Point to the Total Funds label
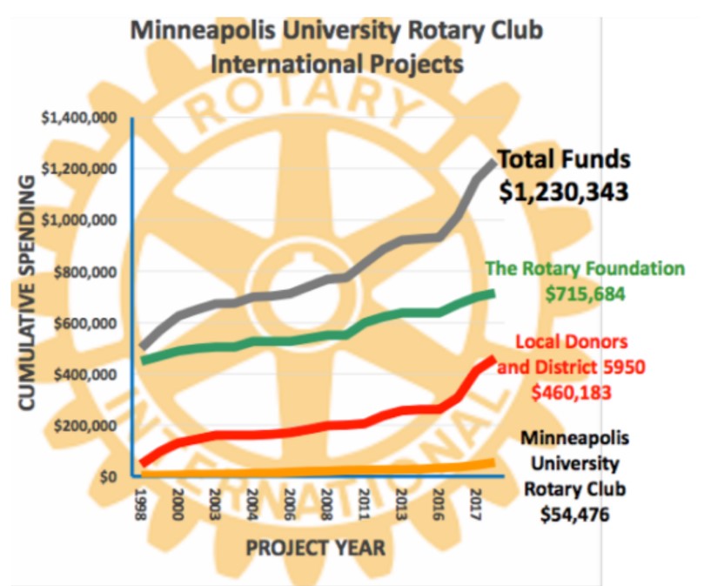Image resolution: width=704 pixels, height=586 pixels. (564, 161)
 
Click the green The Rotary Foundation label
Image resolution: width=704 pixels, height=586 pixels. (584, 269)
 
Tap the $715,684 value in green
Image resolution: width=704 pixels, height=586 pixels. (584, 293)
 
